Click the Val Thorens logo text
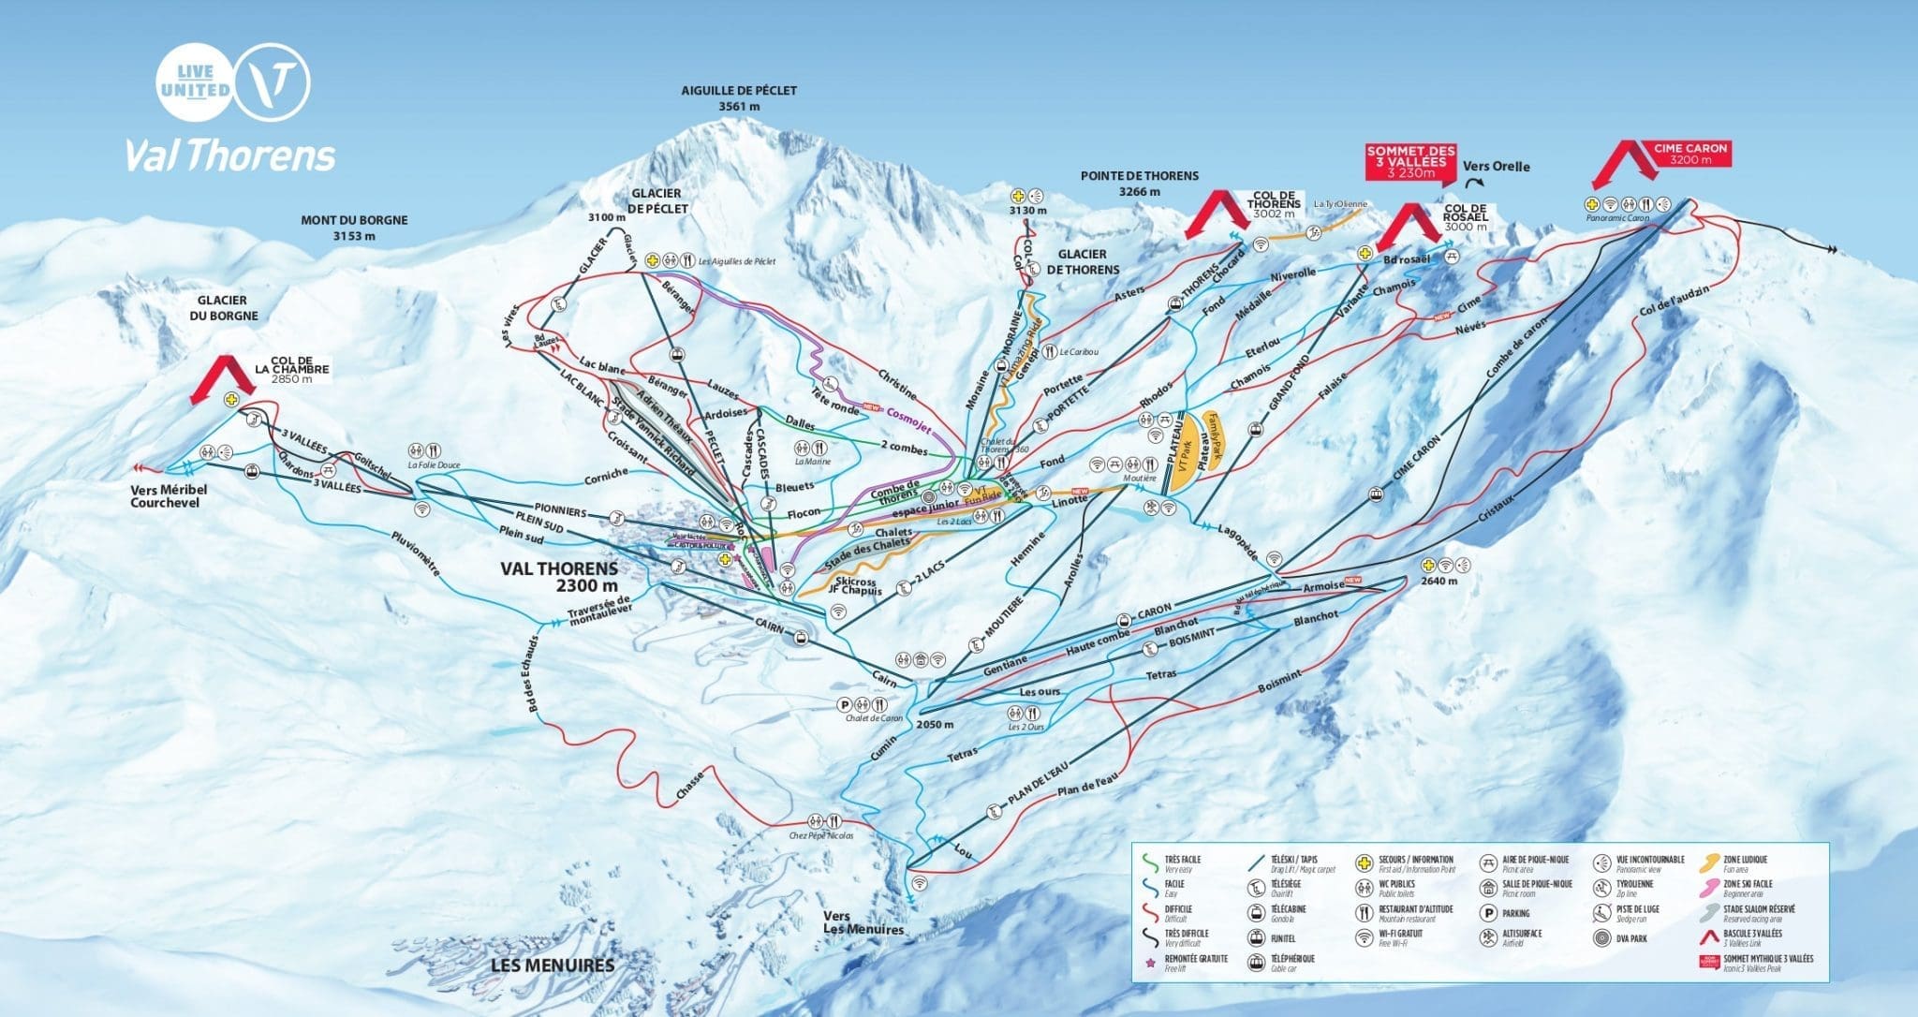click(x=230, y=156)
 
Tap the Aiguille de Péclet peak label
click(x=739, y=98)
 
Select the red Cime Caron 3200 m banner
click(x=1689, y=154)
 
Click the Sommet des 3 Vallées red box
click(x=1410, y=161)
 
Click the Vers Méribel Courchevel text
click(x=169, y=496)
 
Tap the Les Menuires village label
click(x=553, y=965)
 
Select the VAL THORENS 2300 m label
click(x=558, y=577)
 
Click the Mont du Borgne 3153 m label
click(x=354, y=228)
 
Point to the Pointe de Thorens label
click(x=1139, y=183)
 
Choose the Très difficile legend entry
click(x=1178, y=937)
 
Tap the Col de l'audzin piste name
click(x=1675, y=301)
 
